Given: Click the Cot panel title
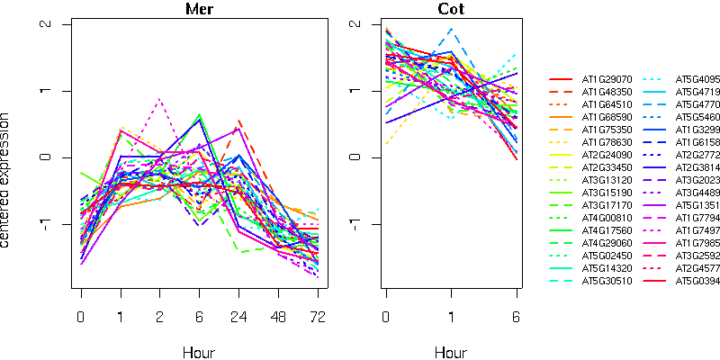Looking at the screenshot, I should pos(452,9).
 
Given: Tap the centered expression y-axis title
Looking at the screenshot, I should pos(7,180).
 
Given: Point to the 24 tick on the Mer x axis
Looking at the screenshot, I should pos(238,317).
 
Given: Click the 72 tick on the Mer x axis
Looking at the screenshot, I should pos(317,317).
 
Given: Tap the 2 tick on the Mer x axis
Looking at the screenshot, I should pos(159,317).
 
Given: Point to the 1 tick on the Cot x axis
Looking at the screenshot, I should pos(452,317).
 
